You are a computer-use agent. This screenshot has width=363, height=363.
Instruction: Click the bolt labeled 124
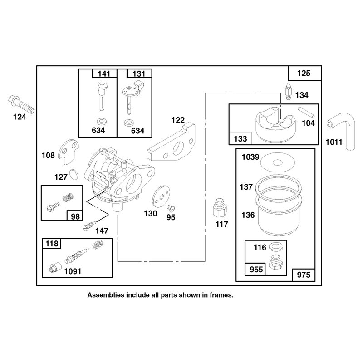click(21, 105)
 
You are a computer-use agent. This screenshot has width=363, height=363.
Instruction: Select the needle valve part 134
click(289, 91)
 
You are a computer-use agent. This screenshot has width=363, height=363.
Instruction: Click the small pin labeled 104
click(306, 112)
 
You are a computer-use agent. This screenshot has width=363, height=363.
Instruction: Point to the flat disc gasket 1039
click(277, 162)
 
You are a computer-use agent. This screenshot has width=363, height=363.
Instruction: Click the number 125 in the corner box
click(304, 74)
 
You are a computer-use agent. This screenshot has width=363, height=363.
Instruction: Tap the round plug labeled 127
click(74, 174)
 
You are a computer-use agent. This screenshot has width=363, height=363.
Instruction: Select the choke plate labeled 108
click(69, 152)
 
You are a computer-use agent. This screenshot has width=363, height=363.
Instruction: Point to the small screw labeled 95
click(172, 208)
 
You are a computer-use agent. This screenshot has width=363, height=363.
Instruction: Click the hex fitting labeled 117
click(220, 207)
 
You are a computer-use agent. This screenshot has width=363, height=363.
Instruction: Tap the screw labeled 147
click(89, 226)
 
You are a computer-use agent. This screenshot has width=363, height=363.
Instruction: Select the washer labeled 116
click(275, 246)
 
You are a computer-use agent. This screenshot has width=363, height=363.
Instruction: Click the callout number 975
click(304, 275)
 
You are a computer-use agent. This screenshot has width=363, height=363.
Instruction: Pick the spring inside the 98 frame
click(69, 197)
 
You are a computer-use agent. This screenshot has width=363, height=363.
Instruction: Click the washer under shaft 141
click(101, 121)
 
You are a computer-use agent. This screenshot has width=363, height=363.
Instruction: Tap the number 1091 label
click(73, 271)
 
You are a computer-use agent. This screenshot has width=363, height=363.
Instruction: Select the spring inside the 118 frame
click(98, 245)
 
